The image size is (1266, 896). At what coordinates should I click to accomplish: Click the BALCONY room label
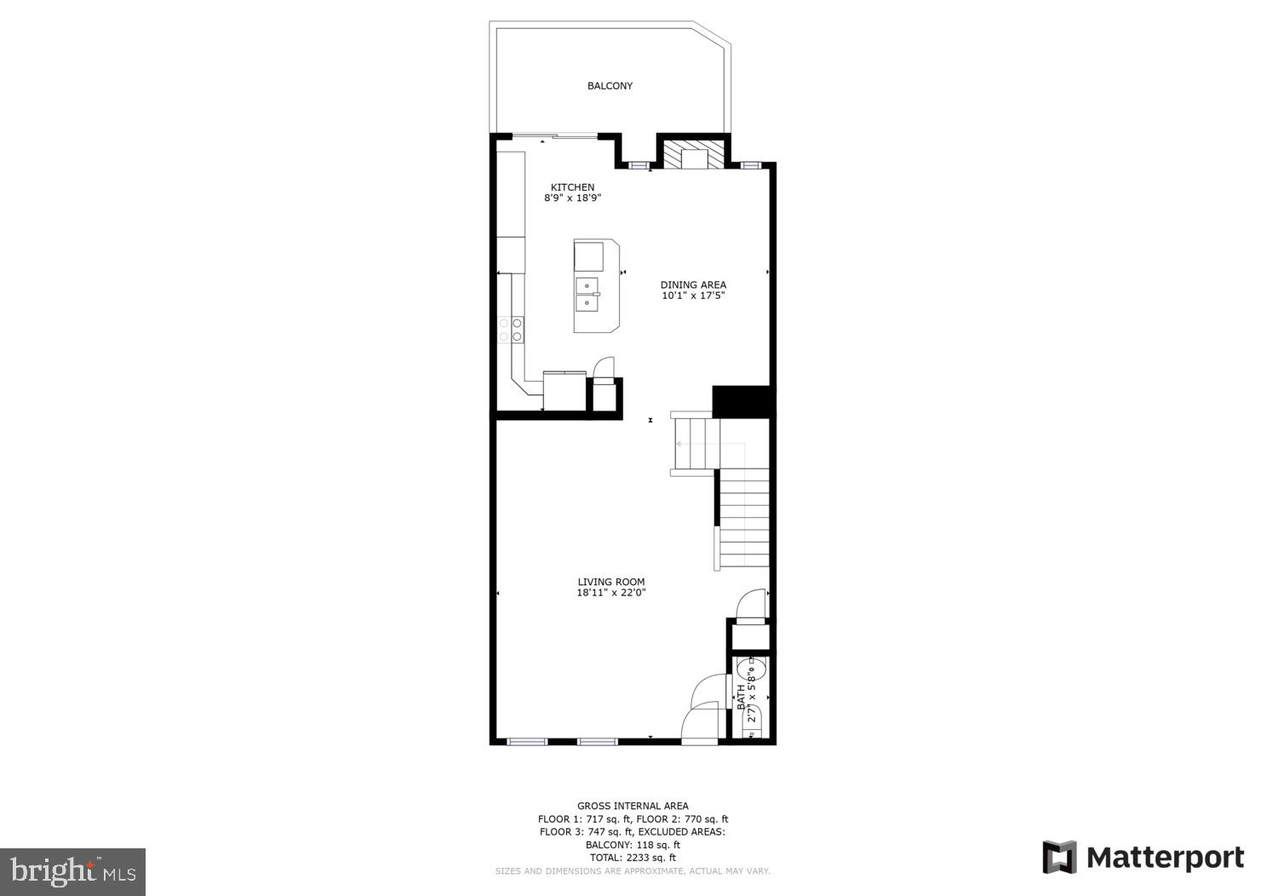pyautogui.click(x=610, y=86)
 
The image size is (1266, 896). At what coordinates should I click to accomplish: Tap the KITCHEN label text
pyautogui.click(x=572, y=187)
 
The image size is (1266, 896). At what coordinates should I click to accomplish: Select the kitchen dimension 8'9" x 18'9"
pyautogui.click(x=572, y=198)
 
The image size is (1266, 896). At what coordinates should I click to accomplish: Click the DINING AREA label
pyautogui.click(x=693, y=285)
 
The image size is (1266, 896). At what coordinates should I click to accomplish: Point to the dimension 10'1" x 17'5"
pyautogui.click(x=693, y=296)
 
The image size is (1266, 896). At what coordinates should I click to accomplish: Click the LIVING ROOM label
pyautogui.click(x=610, y=583)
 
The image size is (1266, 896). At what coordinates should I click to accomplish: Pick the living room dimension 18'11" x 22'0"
pyautogui.click(x=610, y=594)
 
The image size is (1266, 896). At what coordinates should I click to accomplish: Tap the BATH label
pyautogui.click(x=741, y=699)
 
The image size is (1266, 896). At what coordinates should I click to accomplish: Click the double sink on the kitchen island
pyautogui.click(x=587, y=294)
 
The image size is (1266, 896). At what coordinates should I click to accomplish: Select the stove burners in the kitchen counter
pyautogui.click(x=511, y=329)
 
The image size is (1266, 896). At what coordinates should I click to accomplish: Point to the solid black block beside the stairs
pyautogui.click(x=741, y=401)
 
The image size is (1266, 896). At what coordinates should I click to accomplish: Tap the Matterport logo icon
pyautogui.click(x=1059, y=857)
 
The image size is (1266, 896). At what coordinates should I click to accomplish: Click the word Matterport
pyautogui.click(x=1165, y=858)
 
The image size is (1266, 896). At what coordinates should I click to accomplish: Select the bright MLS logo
pyautogui.click(x=72, y=871)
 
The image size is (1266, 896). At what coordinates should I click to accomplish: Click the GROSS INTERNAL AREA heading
pyautogui.click(x=633, y=806)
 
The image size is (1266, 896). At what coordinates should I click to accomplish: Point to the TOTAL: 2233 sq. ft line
pyautogui.click(x=633, y=858)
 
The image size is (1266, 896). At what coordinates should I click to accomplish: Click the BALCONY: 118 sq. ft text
pyautogui.click(x=633, y=845)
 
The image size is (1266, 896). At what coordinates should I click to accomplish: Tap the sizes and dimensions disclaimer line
pyautogui.click(x=633, y=871)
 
